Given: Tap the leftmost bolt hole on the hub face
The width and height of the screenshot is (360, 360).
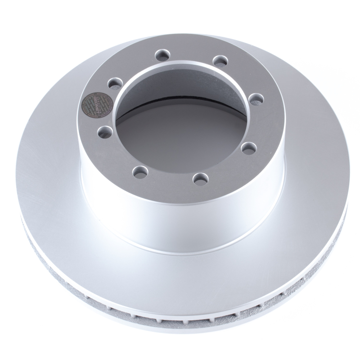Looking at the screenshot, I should (x=104, y=131).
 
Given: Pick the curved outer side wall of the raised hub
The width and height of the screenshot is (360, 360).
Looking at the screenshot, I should (x=180, y=216).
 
